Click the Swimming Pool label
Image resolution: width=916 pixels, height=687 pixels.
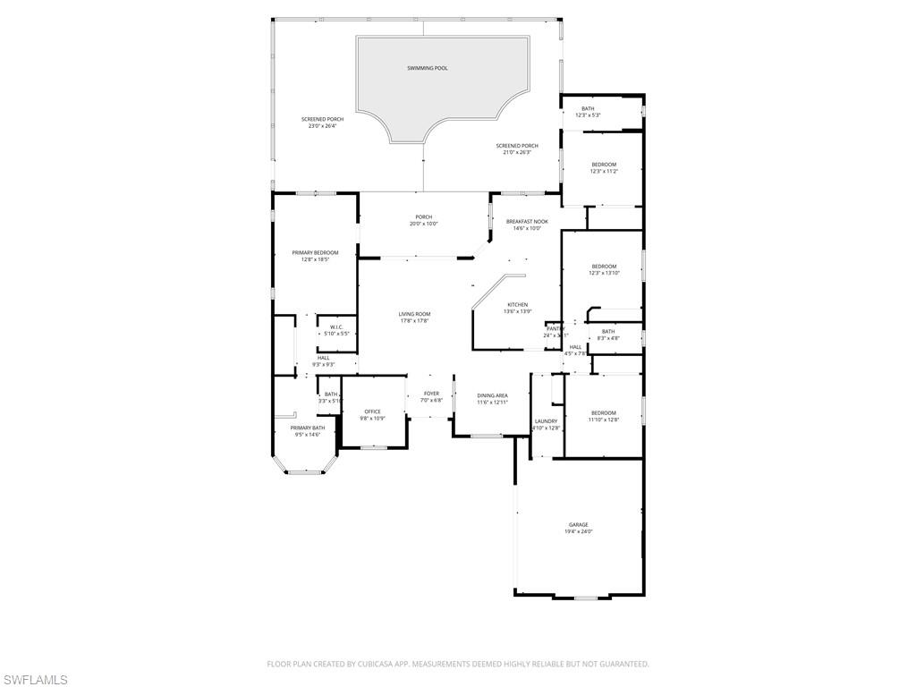428,68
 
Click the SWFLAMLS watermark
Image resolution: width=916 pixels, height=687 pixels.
34,681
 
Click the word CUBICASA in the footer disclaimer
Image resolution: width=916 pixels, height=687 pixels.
408,664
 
